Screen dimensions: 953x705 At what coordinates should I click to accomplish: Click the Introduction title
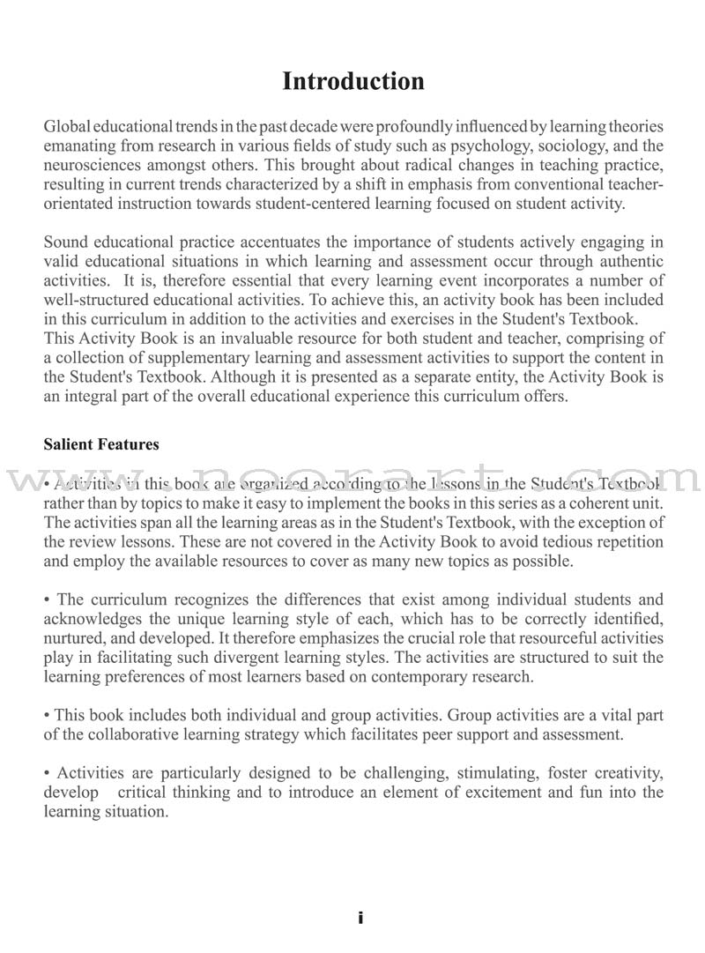[x=352, y=82]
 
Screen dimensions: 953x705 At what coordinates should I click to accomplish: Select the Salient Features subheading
[x=101, y=444]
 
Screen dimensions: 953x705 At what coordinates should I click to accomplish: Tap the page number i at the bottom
[x=360, y=919]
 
